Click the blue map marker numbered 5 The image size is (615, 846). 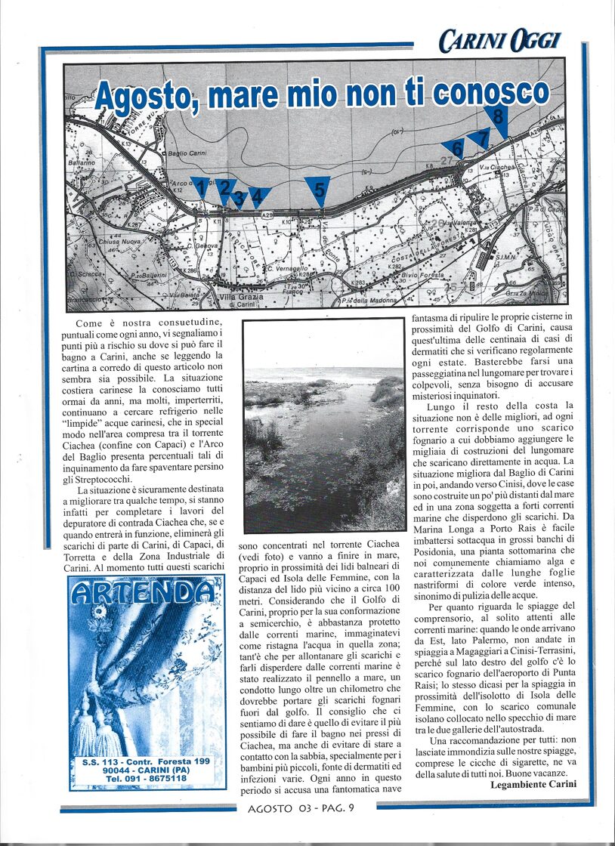(319, 189)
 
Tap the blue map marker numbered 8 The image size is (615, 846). (497, 118)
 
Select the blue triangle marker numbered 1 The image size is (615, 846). (200, 187)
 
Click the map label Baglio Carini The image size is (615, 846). (187, 154)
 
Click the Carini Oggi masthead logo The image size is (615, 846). (499, 39)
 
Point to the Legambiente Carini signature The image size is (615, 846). (533, 784)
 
